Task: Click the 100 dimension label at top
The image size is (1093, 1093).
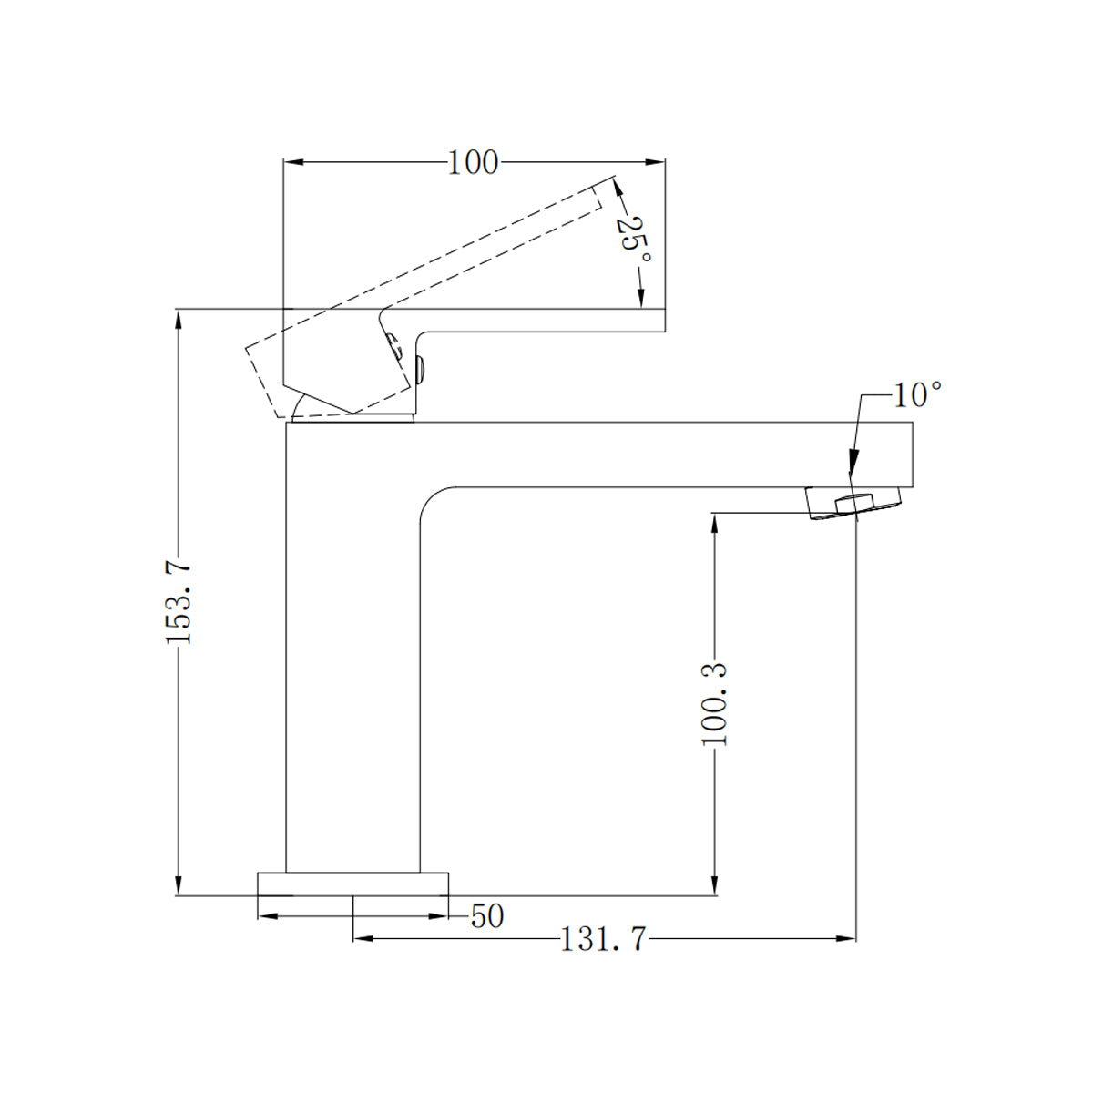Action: pos(474,163)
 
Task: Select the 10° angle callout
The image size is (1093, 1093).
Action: pos(915,395)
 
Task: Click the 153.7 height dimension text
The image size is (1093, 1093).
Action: pos(179,602)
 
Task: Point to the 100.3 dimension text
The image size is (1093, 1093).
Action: pos(715,704)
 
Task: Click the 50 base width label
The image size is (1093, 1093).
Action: pos(487,916)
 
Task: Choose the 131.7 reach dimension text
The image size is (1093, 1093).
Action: pos(602,939)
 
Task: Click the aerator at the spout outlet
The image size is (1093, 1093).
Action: pos(853,503)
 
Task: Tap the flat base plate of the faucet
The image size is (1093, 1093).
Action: pos(353,884)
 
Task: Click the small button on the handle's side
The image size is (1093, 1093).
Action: pos(420,369)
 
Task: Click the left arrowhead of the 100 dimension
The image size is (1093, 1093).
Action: pos(293,163)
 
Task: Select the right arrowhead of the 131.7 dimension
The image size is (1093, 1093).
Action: pos(848,938)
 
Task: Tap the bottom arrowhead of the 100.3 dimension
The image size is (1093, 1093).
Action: pos(716,887)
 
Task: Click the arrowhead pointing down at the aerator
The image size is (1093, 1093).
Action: pos(852,465)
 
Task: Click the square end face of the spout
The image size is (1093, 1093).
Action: pos(912,454)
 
